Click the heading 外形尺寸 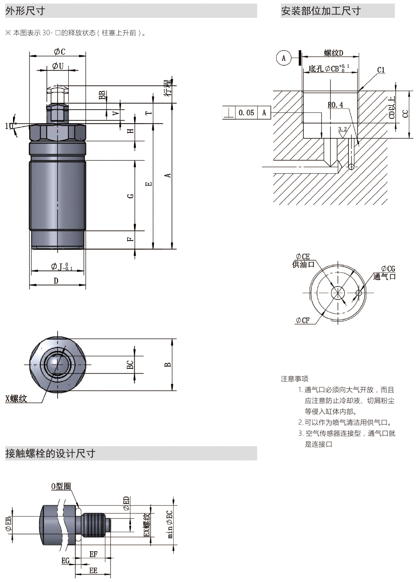pyautogui.click(x=25, y=11)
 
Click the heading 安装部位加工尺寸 pyautogui.click(x=321, y=11)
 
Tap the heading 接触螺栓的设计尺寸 pyautogui.click(x=50, y=454)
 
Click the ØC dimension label pyautogui.click(x=59, y=52)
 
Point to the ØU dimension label pyautogui.click(x=58, y=66)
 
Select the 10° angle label pyautogui.click(x=9, y=126)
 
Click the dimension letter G pyautogui.click(x=131, y=196)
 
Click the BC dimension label pyautogui.click(x=130, y=365)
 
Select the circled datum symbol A pyautogui.click(x=283, y=58)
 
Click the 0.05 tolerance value pyautogui.click(x=246, y=113)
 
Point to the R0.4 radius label pyautogui.click(x=335, y=105)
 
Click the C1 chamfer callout pyautogui.click(x=381, y=70)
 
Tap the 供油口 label pyautogui.click(x=303, y=264)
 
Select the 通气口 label pyautogui.click(x=384, y=276)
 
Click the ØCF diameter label pyautogui.click(x=303, y=320)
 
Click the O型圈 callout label pyautogui.click(x=61, y=486)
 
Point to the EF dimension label pyautogui.click(x=93, y=554)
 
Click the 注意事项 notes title pyautogui.click(x=294, y=379)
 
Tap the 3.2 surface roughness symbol pyautogui.click(x=342, y=132)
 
